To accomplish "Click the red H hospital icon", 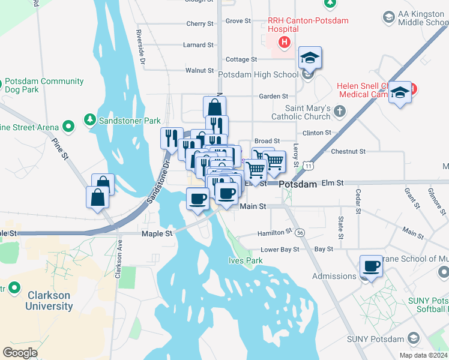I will [285, 42].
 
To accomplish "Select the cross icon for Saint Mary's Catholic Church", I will [340, 110].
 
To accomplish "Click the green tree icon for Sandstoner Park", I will [90, 120].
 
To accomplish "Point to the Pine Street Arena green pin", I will [68, 127].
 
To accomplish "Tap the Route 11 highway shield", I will [308, 164].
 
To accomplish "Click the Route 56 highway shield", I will [300, 232].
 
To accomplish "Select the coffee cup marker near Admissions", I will [370, 266].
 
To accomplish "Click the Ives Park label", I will [246, 260].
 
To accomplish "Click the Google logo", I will [20, 353].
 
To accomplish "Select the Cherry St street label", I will [200, 24].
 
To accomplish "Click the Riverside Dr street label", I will [141, 46].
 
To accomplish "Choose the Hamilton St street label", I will [274, 232].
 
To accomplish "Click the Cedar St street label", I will [358, 201].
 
